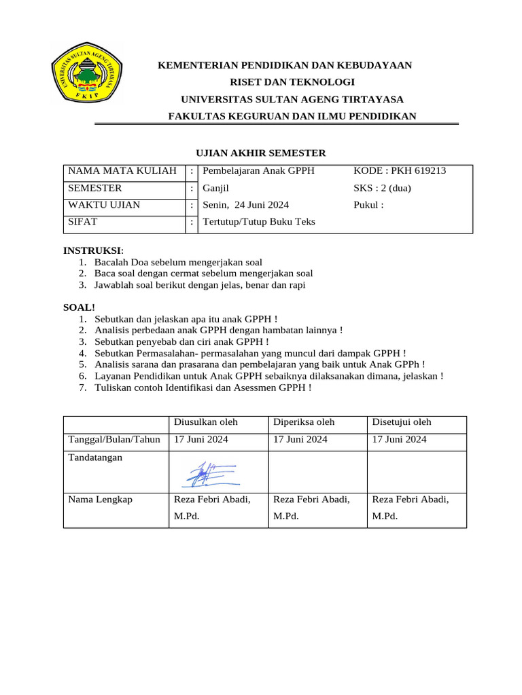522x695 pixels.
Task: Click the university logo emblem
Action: click(x=86, y=74)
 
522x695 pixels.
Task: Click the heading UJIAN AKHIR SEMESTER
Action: click(x=257, y=153)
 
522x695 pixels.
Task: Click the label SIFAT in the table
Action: click(x=82, y=222)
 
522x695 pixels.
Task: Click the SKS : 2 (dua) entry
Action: click(x=383, y=188)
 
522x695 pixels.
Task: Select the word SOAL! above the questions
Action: click(x=80, y=307)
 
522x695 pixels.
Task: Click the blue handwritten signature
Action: click(x=209, y=474)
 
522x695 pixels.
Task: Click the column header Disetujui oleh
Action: click(x=402, y=422)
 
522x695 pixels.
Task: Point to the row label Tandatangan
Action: click(x=96, y=457)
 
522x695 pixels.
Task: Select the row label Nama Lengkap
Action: click(x=101, y=500)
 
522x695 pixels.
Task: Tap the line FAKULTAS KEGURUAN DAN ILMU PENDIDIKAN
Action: click(x=292, y=117)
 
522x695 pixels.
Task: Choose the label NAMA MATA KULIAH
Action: click(x=122, y=171)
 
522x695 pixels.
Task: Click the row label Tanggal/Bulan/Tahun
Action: click(x=114, y=439)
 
